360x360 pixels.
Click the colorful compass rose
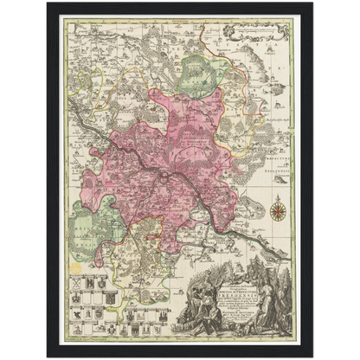tap(278, 209)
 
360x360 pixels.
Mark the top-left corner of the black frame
tap(48, 4)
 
